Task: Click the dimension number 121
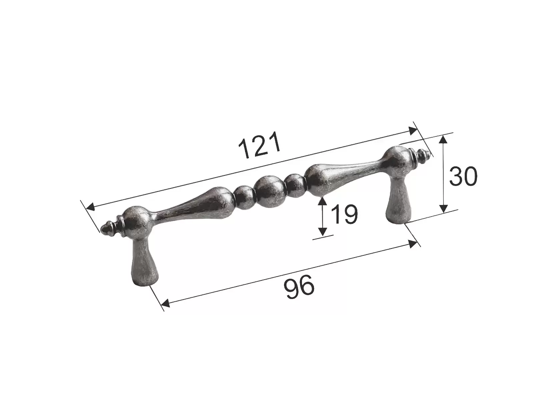click(x=260, y=145)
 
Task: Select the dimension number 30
click(x=463, y=176)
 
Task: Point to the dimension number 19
click(x=344, y=214)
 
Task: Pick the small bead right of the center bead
click(x=295, y=186)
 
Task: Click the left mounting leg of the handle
click(x=144, y=261)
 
